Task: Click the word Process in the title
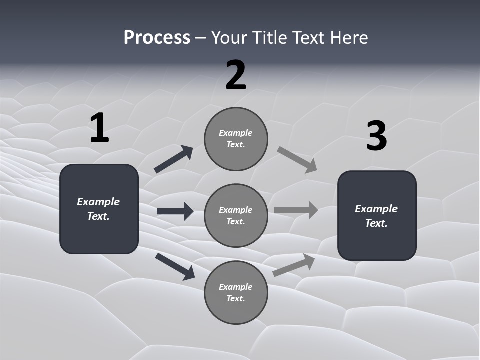point(157,37)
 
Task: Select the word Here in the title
point(350,37)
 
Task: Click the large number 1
point(99,128)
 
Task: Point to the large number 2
point(236,75)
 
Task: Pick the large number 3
point(377,136)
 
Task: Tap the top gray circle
point(236,139)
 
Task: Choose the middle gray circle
point(236,216)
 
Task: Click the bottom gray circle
point(236,293)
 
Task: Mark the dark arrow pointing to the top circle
point(173,159)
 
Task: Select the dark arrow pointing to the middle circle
point(175,211)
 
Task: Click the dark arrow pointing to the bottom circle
point(175,266)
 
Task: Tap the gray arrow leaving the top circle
point(297,160)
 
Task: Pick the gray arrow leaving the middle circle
point(296,210)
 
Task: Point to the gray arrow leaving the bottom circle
point(294,265)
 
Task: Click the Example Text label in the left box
point(98,209)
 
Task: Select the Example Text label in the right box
point(376,216)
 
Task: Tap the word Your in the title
point(229,37)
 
